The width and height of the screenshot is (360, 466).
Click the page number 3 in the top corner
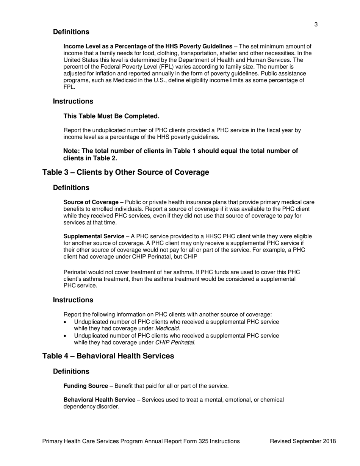pyautogui.click(x=316, y=25)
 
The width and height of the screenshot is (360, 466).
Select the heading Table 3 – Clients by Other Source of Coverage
pyautogui.click(x=125, y=172)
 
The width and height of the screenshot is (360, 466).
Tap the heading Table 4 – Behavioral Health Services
pyautogui.click(x=108, y=356)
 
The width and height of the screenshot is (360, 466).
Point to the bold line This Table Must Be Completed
pyautogui.click(x=111, y=116)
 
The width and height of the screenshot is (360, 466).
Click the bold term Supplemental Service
pyautogui.click(x=94, y=236)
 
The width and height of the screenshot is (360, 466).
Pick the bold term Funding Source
pyautogui.click(x=86, y=386)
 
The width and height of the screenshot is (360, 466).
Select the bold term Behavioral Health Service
pyautogui.click(x=99, y=400)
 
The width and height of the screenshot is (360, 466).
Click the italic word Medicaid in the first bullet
pyautogui.click(x=167, y=328)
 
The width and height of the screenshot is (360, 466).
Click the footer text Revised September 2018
pyautogui.click(x=303, y=441)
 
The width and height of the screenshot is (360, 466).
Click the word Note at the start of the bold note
pyautogui.click(x=71, y=151)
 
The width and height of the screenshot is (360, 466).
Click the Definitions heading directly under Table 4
pyautogui.click(x=71, y=371)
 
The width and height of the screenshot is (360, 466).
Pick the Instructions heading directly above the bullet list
pyautogui.click(x=73, y=300)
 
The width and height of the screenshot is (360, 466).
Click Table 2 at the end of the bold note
pyautogui.click(x=106, y=158)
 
